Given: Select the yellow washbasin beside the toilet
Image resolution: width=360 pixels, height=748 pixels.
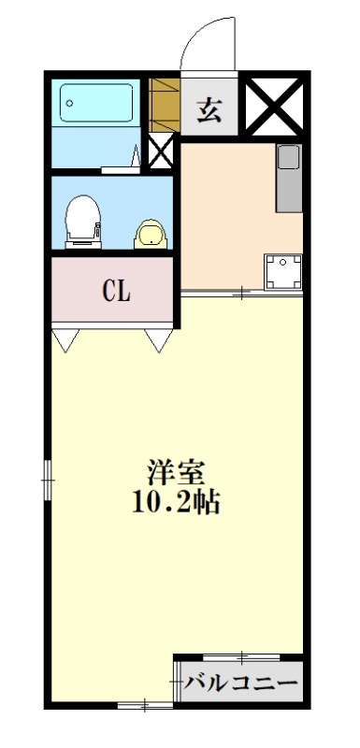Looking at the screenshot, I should point(149,234).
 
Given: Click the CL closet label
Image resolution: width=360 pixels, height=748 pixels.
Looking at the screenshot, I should point(116,291).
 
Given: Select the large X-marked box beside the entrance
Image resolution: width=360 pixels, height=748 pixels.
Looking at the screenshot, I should point(273,107).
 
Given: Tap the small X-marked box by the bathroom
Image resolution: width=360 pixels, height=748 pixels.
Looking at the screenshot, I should point(161,153).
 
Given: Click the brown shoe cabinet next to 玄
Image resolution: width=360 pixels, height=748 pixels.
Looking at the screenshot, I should point(163,107).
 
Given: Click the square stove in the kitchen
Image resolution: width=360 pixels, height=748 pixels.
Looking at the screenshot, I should point(282,272).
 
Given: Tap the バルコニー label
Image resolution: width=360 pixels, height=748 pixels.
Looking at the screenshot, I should point(239,683).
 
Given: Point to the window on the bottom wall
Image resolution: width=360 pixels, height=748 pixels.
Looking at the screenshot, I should point(144,704).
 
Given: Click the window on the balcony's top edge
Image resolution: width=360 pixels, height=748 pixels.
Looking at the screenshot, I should point(241,657).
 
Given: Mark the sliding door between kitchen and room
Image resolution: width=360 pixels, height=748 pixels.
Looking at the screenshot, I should point(241,294).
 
